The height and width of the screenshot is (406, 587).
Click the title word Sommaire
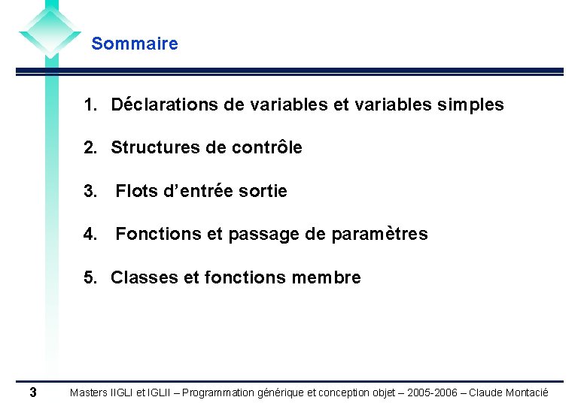[135, 44]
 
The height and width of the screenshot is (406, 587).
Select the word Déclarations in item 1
[164, 105]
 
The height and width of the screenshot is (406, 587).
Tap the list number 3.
[90, 192]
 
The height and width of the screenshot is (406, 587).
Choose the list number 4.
[90, 235]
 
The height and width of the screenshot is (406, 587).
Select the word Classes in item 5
[144, 278]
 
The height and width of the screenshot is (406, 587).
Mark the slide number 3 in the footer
[32, 392]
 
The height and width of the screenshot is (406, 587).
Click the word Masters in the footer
[89, 393]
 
